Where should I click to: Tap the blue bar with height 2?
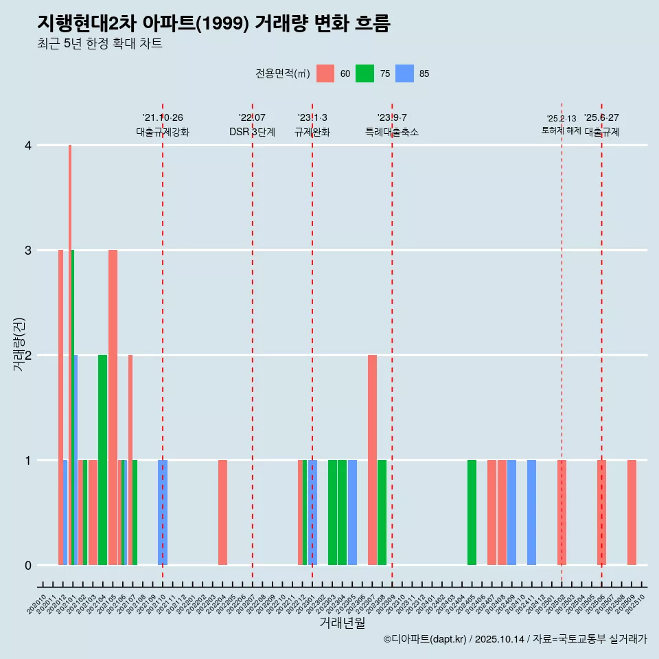(x=76, y=460)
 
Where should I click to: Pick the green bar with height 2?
(x=102, y=460)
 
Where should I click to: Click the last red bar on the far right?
(x=632, y=512)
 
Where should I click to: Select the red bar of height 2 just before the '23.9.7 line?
(x=372, y=460)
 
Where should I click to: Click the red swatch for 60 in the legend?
(x=325, y=74)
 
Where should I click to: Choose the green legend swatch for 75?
(x=365, y=74)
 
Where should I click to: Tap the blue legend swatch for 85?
(x=406, y=74)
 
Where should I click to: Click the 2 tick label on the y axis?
(x=28, y=356)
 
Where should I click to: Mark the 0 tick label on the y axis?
(x=28, y=566)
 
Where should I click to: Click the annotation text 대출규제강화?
(x=163, y=132)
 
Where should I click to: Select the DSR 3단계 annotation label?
(x=252, y=132)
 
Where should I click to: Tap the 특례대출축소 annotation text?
(x=392, y=132)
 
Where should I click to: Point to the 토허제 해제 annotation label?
(x=562, y=130)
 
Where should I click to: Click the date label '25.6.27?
(x=601, y=117)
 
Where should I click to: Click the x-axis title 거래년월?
(x=342, y=623)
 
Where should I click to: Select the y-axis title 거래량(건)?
(x=19, y=344)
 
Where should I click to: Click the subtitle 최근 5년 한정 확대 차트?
(x=100, y=45)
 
